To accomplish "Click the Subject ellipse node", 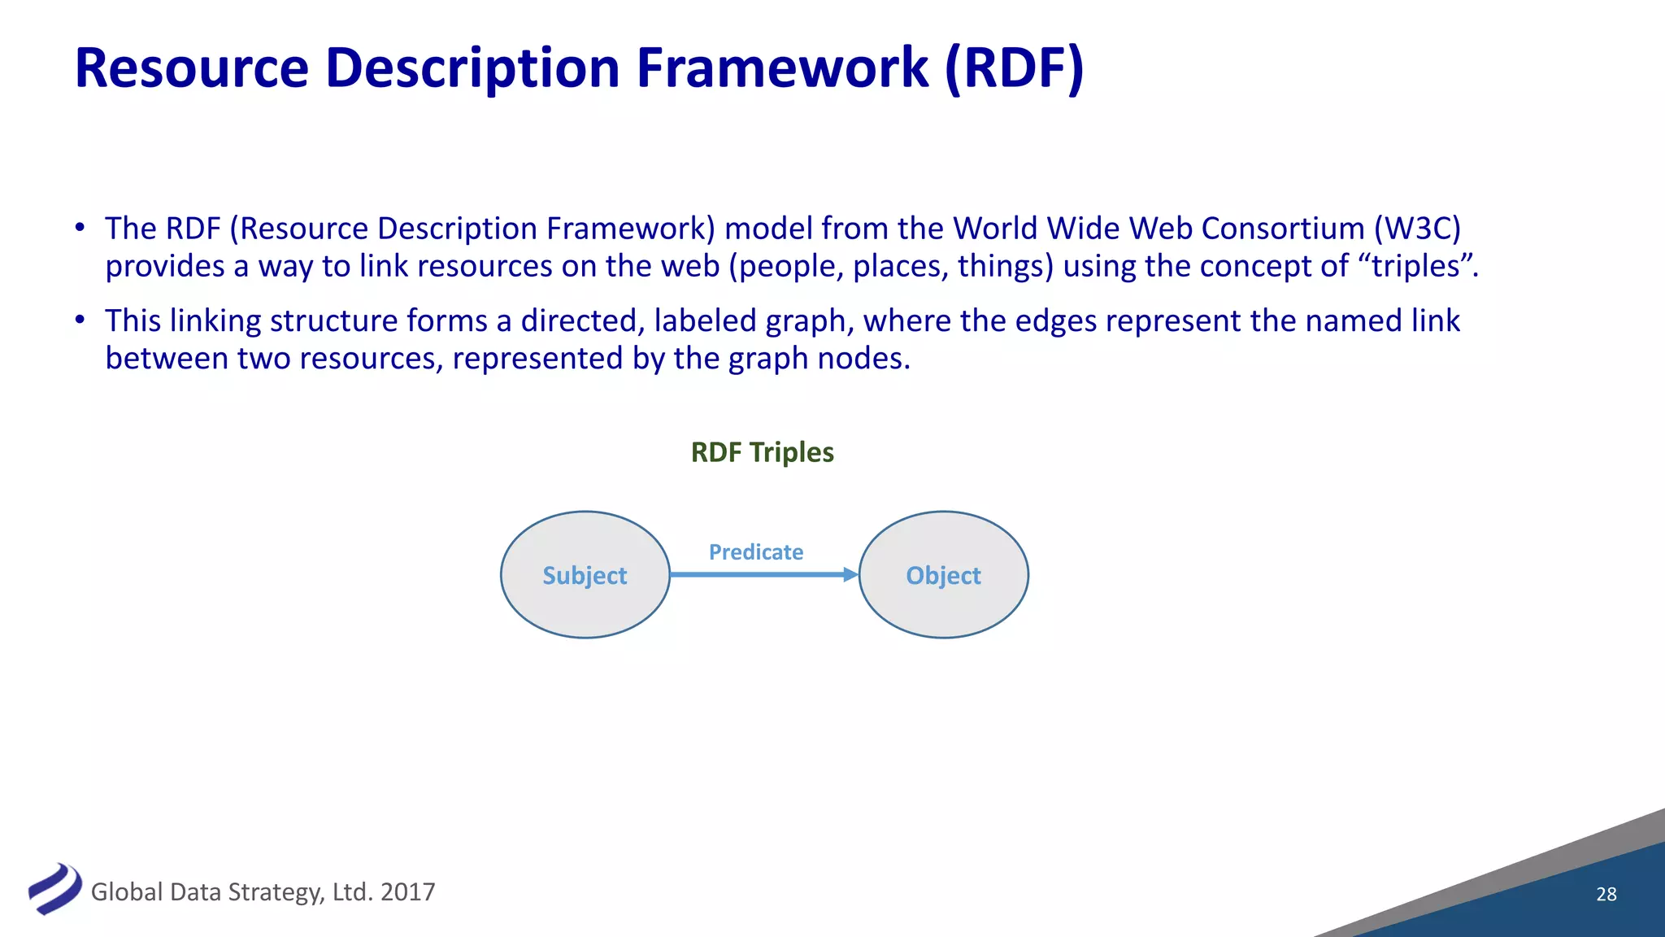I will point(585,574).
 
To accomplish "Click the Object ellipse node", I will point(943,574).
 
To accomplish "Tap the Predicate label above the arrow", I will point(755,552).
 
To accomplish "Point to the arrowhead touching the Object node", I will point(850,574).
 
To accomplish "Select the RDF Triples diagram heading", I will point(762,452).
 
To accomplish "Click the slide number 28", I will point(1606,894).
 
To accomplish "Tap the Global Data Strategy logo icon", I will point(54,888).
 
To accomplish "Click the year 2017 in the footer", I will point(407,892).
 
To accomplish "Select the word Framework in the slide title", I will point(782,68).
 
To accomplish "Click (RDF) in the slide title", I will point(1014,68).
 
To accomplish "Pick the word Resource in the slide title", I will point(192,68).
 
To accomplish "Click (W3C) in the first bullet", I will point(1417,229).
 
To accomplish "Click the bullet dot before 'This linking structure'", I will point(80,320).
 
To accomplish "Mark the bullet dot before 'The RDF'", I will point(80,228).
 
